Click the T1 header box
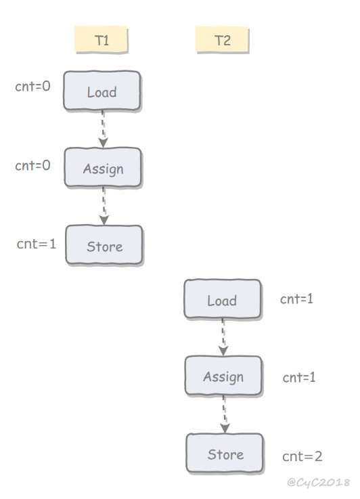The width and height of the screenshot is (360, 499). pos(102,40)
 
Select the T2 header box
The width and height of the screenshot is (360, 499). pos(223,40)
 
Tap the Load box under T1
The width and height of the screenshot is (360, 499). pos(102,91)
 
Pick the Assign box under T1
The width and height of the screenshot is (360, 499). pos(103,167)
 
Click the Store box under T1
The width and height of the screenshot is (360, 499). pos(104,245)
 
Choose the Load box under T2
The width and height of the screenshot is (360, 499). pos(223,299)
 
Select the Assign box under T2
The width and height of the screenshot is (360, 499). pos(223,376)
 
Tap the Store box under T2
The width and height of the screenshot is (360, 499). pos(225,453)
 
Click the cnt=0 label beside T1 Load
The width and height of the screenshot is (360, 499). pos(32,86)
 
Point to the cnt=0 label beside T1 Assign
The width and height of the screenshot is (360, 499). pos(32,165)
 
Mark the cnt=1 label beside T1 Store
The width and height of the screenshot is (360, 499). pos(37,244)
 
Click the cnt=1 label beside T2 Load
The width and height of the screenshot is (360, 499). pos(296,299)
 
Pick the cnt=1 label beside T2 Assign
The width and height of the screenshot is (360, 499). pos(299,377)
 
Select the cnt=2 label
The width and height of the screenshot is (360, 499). pos(302,456)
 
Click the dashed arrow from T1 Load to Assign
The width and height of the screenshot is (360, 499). pos(103,129)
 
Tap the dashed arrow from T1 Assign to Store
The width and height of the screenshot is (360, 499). pos(104,207)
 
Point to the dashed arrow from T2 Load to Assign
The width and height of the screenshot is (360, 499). pos(223,337)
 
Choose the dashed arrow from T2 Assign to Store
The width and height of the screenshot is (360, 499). pos(225,414)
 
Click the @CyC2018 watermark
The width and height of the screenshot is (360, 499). pos(318,483)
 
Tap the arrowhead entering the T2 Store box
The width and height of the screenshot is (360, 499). pos(225,429)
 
